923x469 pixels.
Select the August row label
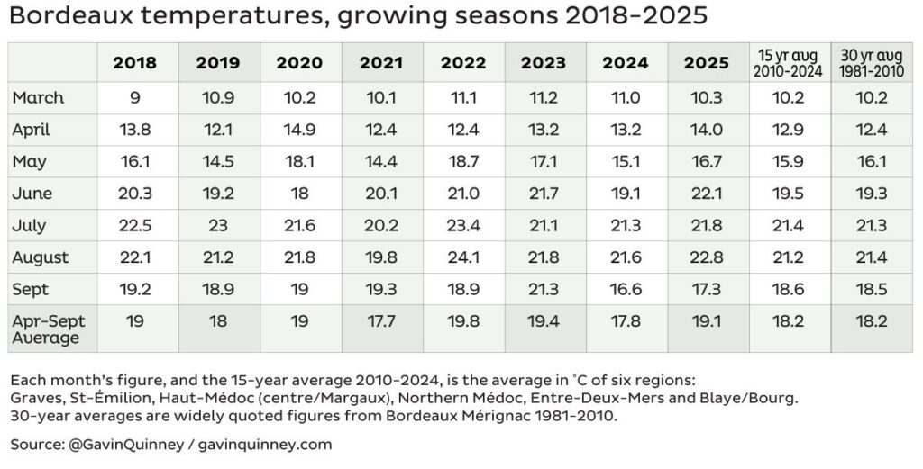(x=41, y=257)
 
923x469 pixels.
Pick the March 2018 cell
(x=134, y=97)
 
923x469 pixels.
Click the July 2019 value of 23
(x=217, y=225)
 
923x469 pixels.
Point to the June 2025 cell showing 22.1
(x=707, y=194)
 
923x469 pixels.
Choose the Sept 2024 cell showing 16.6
(x=625, y=289)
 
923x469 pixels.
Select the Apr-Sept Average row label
(x=47, y=329)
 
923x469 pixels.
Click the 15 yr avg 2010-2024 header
(x=789, y=63)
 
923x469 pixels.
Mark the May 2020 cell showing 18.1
(x=299, y=161)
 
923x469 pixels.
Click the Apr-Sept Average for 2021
(x=382, y=321)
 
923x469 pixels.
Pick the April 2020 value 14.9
(x=299, y=130)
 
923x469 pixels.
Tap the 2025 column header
(x=707, y=63)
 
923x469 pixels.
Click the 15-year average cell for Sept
(x=789, y=289)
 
